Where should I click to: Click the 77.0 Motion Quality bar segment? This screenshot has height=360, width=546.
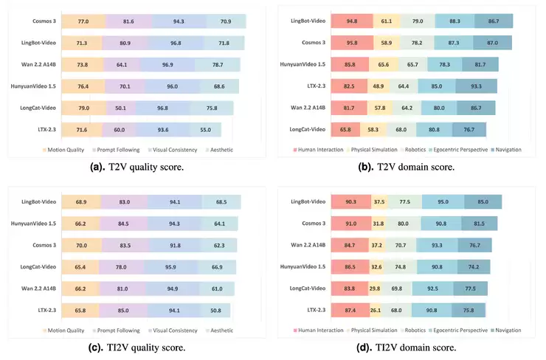[83, 21]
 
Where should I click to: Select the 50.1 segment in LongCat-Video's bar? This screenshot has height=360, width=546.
[121, 108]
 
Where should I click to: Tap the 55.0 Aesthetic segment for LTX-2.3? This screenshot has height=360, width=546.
[205, 130]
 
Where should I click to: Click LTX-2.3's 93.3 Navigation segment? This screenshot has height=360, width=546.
[477, 86]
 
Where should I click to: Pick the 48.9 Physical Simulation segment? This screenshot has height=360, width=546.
[379, 86]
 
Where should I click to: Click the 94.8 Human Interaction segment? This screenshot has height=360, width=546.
[352, 21]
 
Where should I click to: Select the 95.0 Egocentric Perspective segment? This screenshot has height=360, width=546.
[443, 201]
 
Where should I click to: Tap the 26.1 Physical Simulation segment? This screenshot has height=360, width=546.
[376, 311]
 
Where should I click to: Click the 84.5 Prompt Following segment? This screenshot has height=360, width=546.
[123, 224]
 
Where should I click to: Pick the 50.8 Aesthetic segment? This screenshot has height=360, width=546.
[216, 311]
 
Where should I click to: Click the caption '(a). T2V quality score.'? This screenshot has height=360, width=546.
[136, 167]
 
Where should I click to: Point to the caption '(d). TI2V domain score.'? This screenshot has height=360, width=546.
[407, 347]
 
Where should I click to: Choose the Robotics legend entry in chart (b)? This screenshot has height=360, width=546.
[413, 150]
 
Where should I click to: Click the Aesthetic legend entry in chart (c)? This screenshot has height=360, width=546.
[219, 330]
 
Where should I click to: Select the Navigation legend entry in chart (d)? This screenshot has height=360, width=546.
[506, 330]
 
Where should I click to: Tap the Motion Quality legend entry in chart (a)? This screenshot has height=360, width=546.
[63, 150]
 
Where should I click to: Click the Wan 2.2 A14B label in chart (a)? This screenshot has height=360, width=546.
[38, 64]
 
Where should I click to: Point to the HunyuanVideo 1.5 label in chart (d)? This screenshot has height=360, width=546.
[303, 267]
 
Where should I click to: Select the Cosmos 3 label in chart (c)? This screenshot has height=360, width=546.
[44, 245]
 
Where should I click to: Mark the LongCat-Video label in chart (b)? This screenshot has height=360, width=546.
[308, 129]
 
